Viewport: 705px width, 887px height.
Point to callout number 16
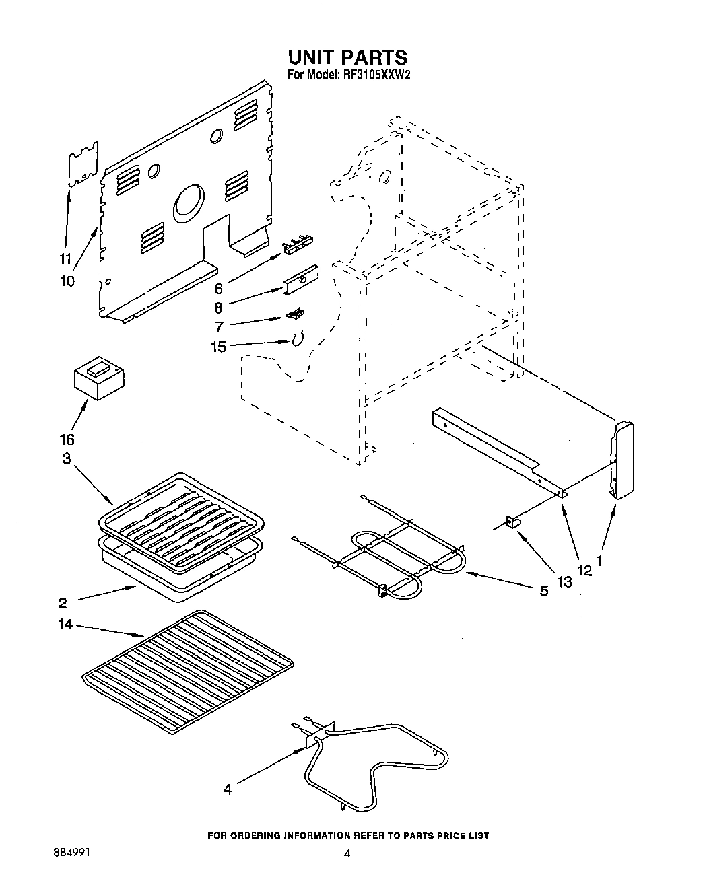66,440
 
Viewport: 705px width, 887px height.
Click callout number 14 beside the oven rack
66,626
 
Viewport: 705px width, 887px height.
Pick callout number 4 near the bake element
228,789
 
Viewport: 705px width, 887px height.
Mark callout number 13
564,581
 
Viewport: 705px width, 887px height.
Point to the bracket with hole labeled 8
301,279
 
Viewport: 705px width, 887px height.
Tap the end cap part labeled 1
623,460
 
